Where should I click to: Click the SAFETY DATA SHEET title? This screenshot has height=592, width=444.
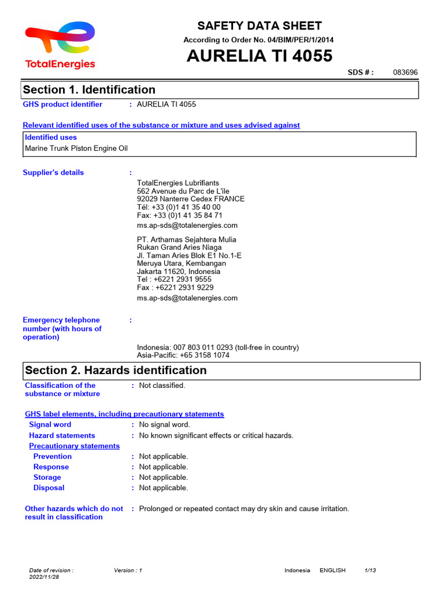260,25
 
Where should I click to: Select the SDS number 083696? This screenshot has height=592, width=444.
405,72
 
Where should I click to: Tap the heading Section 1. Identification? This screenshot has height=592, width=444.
89,90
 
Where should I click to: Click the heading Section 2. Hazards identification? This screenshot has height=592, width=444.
116,370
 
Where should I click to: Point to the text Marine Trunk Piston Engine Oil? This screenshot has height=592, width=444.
76,148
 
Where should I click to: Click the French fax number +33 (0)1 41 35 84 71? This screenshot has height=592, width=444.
180,215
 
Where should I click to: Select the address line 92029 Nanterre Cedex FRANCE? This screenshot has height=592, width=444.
191,199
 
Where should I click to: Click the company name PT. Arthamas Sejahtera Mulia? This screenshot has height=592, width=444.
187,239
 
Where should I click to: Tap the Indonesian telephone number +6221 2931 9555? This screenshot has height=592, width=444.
175,279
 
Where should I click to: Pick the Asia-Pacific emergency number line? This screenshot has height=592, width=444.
183,355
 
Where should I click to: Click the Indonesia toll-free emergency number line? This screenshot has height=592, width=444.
218,347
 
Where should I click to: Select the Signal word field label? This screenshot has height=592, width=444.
50,424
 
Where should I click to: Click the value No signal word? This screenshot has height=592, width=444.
164,424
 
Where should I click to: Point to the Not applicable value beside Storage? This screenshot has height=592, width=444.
164,478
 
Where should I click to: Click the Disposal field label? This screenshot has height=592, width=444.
49,488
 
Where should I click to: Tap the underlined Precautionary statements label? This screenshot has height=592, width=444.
75,446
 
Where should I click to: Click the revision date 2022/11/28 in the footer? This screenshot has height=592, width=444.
44,577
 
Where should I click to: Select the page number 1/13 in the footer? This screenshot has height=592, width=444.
370,570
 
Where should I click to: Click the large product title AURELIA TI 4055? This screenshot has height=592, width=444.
259,56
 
